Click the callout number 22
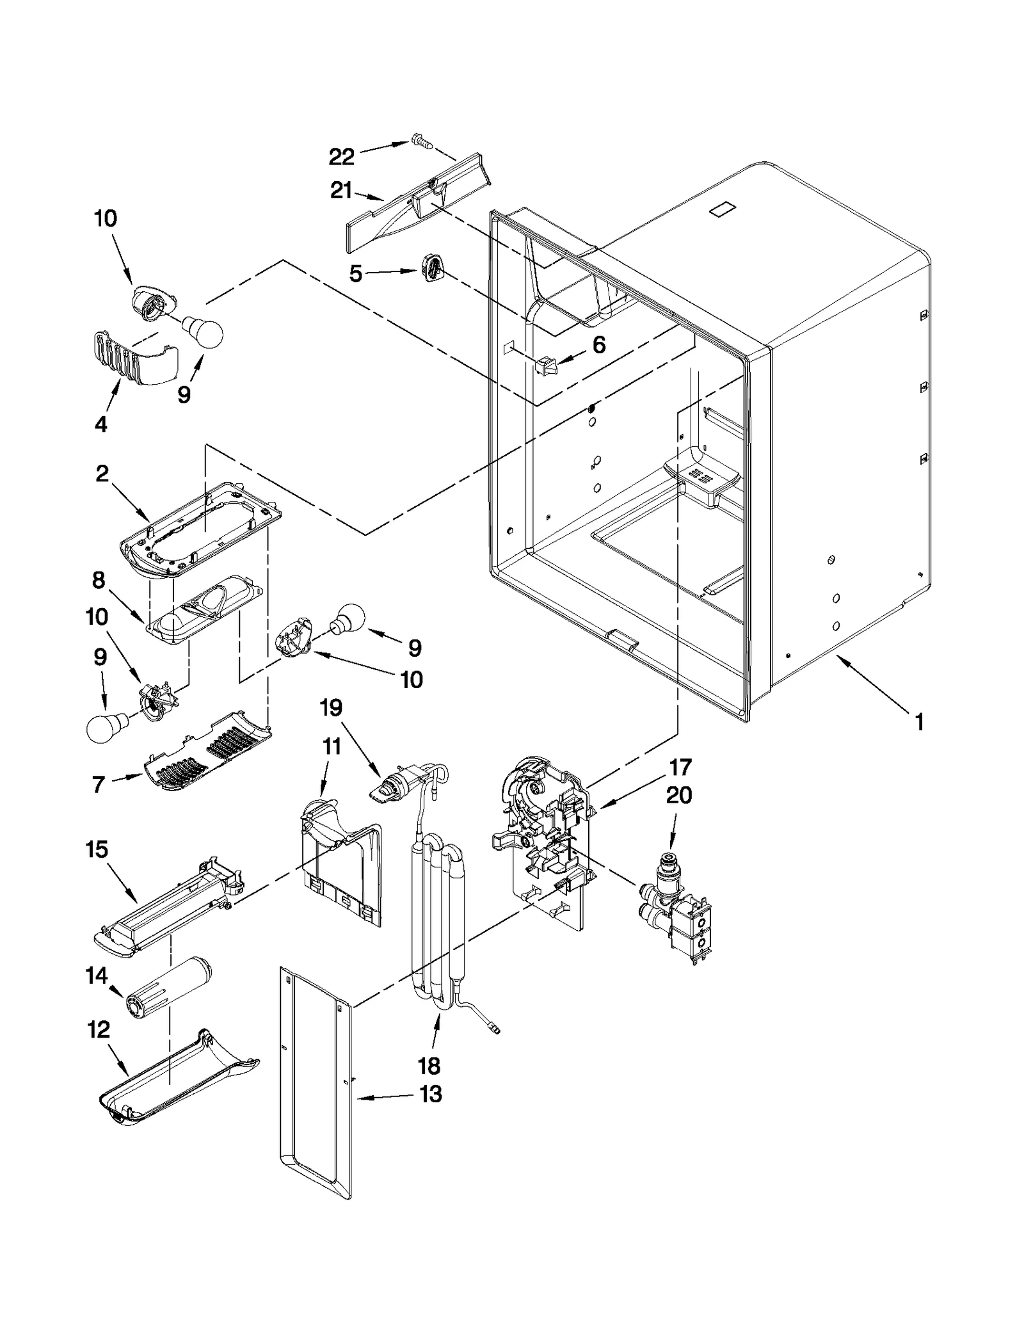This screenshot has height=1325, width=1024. [341, 157]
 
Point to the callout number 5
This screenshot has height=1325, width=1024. [356, 274]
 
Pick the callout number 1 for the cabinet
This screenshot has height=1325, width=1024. [919, 723]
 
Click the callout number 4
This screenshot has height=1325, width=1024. [100, 424]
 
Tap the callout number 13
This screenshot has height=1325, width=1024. [431, 1094]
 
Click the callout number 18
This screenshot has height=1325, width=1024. [429, 1066]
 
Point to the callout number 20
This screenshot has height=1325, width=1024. [679, 796]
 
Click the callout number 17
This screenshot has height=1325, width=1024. [680, 767]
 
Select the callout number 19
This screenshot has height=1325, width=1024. [331, 708]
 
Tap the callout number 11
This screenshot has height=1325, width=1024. [332, 746]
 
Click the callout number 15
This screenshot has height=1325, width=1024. [97, 849]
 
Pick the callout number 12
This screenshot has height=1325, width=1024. [98, 1030]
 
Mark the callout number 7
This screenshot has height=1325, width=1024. [98, 784]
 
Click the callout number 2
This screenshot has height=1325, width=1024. [102, 474]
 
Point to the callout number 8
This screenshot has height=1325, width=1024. [98, 581]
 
